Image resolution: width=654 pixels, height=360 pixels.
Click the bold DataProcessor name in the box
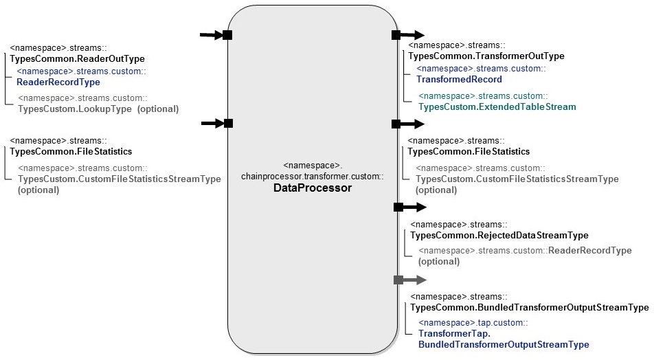[x=312, y=188]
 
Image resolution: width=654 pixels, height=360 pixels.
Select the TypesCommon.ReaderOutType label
[x=77, y=59]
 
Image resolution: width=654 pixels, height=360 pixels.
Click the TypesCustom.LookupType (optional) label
[x=98, y=109]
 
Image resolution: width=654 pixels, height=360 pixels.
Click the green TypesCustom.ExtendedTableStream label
[x=497, y=107]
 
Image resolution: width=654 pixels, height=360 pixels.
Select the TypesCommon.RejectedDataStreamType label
[x=499, y=236]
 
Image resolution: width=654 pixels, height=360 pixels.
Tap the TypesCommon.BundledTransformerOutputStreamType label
[x=529, y=308]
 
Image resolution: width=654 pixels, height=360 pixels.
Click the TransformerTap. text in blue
[x=454, y=333]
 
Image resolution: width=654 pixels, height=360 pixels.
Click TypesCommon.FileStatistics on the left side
[x=71, y=151]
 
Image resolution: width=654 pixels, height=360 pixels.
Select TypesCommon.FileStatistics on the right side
[x=469, y=151]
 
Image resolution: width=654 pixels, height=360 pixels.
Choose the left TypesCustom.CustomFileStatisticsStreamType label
[x=120, y=179]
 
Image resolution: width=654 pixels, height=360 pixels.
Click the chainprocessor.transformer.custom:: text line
[x=312, y=177]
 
